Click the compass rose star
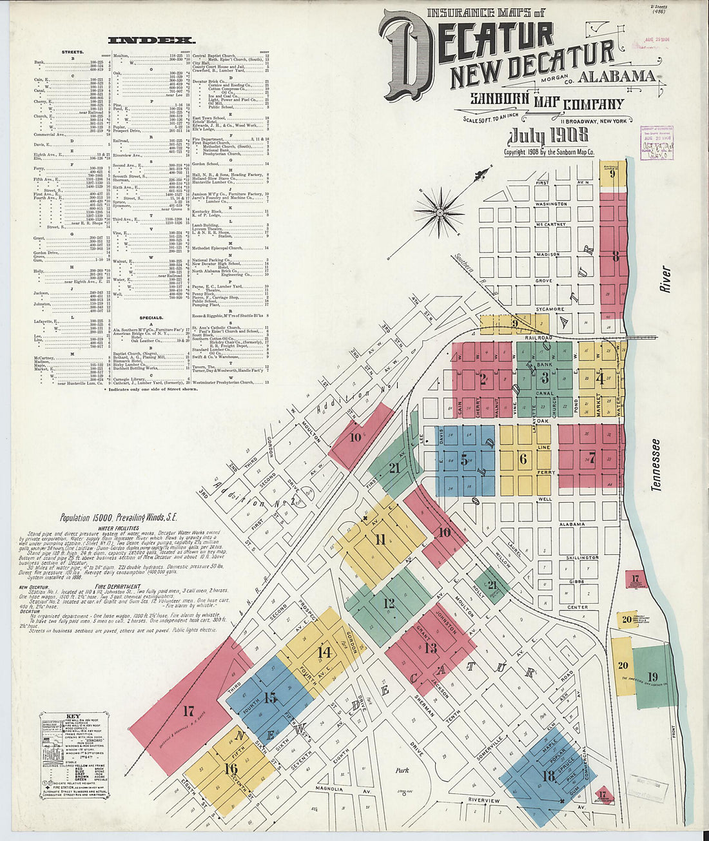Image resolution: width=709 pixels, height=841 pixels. click(440, 211)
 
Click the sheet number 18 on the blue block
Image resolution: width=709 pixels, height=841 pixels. click(549, 776)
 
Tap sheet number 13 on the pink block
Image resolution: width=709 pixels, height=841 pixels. click(431, 648)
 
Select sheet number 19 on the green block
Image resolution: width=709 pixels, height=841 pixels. click(652, 677)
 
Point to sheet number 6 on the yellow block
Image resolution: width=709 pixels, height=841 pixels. click(523, 459)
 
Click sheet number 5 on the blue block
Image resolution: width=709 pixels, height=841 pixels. click(464, 460)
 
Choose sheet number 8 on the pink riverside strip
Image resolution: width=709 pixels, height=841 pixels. click(616, 256)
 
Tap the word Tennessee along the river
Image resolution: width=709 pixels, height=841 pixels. click(656, 465)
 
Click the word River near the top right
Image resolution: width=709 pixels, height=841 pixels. click(665, 280)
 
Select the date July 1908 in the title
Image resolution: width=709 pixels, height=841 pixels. click(548, 136)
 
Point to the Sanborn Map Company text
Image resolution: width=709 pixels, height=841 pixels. click(547, 101)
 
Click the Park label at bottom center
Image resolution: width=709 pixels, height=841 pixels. click(402, 769)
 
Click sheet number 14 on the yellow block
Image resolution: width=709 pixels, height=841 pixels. click(324, 652)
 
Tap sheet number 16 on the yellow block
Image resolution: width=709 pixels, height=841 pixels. click(231, 768)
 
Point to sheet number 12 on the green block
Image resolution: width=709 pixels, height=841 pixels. click(389, 604)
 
